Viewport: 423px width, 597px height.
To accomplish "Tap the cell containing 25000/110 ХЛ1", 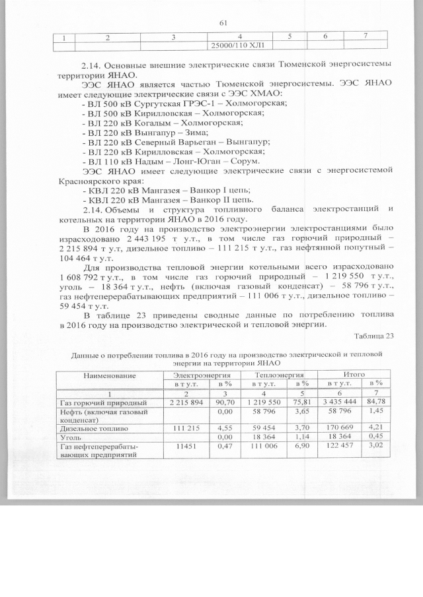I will (237, 46).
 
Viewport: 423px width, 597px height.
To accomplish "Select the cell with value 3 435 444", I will (338, 402).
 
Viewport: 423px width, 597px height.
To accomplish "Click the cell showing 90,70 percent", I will (223, 402).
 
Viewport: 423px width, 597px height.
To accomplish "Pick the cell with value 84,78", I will (377, 402).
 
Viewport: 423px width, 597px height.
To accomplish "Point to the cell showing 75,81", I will (300, 402).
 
